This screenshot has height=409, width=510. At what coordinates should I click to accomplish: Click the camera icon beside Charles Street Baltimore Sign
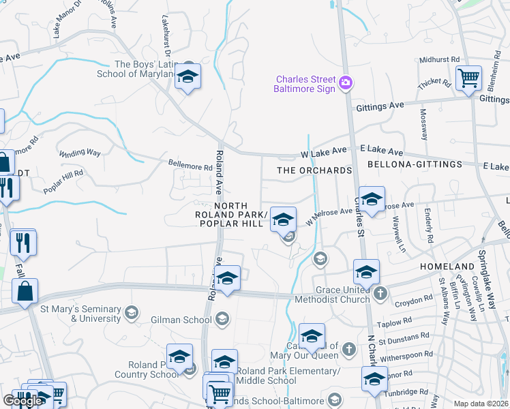pos(346,83)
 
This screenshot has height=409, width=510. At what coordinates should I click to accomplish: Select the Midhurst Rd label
pos(440,60)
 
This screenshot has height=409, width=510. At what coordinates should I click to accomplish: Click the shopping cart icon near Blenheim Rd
pos(468,78)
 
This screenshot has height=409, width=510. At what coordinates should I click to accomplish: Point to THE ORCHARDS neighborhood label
pos(314,170)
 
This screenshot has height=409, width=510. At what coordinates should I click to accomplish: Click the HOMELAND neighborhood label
pos(447,266)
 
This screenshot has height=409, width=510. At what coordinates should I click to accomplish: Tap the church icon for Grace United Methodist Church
pos(380,294)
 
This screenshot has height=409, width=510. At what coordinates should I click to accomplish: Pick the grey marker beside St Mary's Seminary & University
pos(132,313)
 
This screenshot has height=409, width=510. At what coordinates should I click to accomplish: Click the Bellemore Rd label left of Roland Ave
pos(190,166)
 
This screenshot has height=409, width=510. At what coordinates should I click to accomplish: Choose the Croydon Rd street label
pos(414,299)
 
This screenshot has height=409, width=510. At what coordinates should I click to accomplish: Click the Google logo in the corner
pos(22,400)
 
